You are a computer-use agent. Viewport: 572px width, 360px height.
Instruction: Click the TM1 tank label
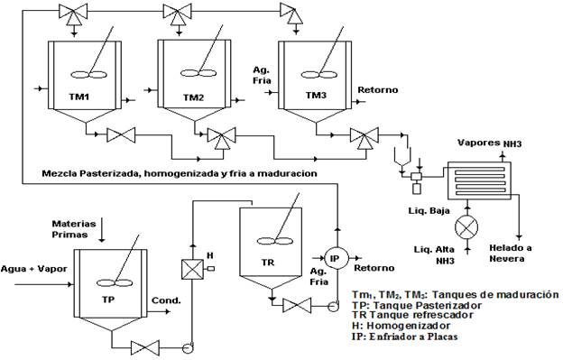[x=78, y=97]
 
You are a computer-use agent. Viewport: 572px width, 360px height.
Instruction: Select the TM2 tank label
[x=193, y=97]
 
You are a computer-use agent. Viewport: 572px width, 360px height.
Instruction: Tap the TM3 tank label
[x=316, y=96]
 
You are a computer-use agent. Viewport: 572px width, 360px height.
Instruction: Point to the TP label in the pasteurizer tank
[x=108, y=300]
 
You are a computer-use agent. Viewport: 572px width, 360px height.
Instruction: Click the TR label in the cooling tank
[x=268, y=263]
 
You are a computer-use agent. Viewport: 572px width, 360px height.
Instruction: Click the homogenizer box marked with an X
[x=192, y=269]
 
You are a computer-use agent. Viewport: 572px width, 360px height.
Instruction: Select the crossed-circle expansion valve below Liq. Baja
[x=466, y=226]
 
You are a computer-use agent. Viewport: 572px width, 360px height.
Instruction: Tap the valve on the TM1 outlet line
[x=121, y=135]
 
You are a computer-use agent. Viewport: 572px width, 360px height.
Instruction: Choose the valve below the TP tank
[x=145, y=347]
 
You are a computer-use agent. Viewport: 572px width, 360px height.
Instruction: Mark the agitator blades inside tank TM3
[x=318, y=75]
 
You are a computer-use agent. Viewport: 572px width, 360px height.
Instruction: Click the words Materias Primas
[x=74, y=229]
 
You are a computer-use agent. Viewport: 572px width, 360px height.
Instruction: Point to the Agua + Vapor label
[x=34, y=269]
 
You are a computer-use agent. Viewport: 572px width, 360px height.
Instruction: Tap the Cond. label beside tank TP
[x=166, y=300]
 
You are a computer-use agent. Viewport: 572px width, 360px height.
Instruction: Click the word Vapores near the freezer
[x=479, y=143]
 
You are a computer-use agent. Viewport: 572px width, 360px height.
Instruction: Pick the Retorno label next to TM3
[x=377, y=89]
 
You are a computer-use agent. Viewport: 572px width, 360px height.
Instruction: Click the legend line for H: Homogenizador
[x=401, y=326]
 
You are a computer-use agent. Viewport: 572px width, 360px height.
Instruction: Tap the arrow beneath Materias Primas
[x=102, y=230]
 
